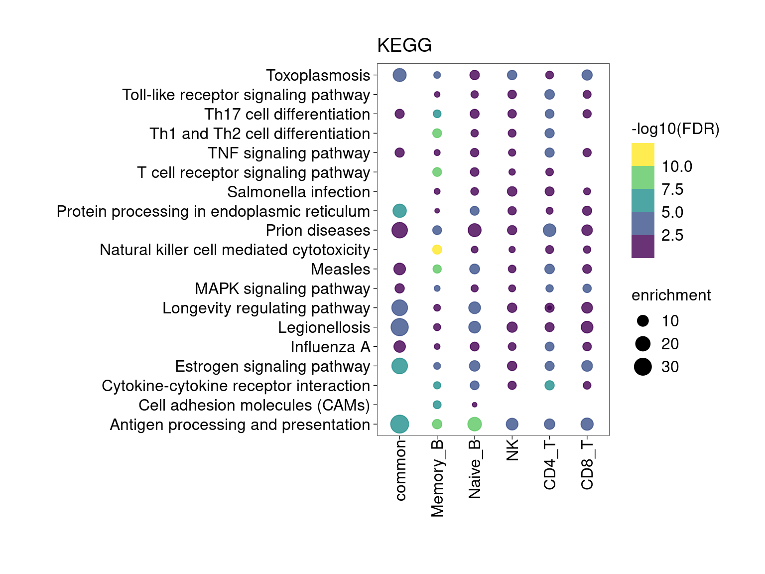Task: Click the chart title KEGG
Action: pyautogui.click(x=404, y=45)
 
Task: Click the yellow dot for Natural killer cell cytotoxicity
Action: pyautogui.click(x=437, y=250)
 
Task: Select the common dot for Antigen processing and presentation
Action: pyautogui.click(x=399, y=424)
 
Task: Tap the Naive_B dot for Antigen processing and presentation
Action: pyautogui.click(x=474, y=424)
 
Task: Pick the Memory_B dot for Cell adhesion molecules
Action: pyautogui.click(x=437, y=405)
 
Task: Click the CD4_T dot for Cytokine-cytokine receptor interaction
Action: pyautogui.click(x=549, y=385)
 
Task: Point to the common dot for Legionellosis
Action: pyautogui.click(x=399, y=327)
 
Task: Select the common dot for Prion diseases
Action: pyautogui.click(x=399, y=230)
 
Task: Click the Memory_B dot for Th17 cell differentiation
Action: pyautogui.click(x=437, y=114)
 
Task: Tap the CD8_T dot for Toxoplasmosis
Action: pyautogui.click(x=587, y=75)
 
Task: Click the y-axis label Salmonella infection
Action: pyautogui.click(x=298, y=192)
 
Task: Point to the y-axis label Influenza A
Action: pyautogui.click(x=330, y=347)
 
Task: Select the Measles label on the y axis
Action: pyautogui.click(x=340, y=269)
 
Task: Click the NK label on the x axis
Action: pyautogui.click(x=512, y=450)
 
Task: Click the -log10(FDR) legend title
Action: pyautogui.click(x=675, y=130)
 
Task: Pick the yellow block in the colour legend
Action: pyautogui.click(x=642, y=154)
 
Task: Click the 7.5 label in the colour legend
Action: pyautogui.click(x=672, y=189)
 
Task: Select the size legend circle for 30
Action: pyautogui.click(x=643, y=367)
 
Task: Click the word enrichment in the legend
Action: pyautogui.click(x=671, y=295)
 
